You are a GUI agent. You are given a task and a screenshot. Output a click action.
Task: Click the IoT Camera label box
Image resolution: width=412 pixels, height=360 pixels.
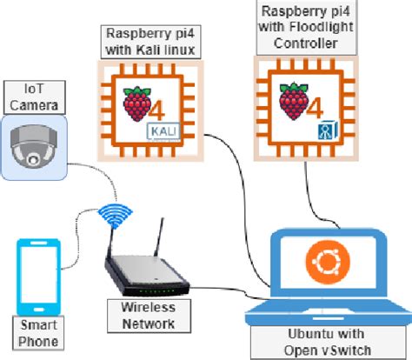(x=31, y=97)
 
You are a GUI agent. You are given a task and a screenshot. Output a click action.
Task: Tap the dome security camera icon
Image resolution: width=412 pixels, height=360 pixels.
(x=34, y=145)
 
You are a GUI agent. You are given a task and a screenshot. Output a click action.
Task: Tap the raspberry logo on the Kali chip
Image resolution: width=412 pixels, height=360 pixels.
(x=136, y=103)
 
